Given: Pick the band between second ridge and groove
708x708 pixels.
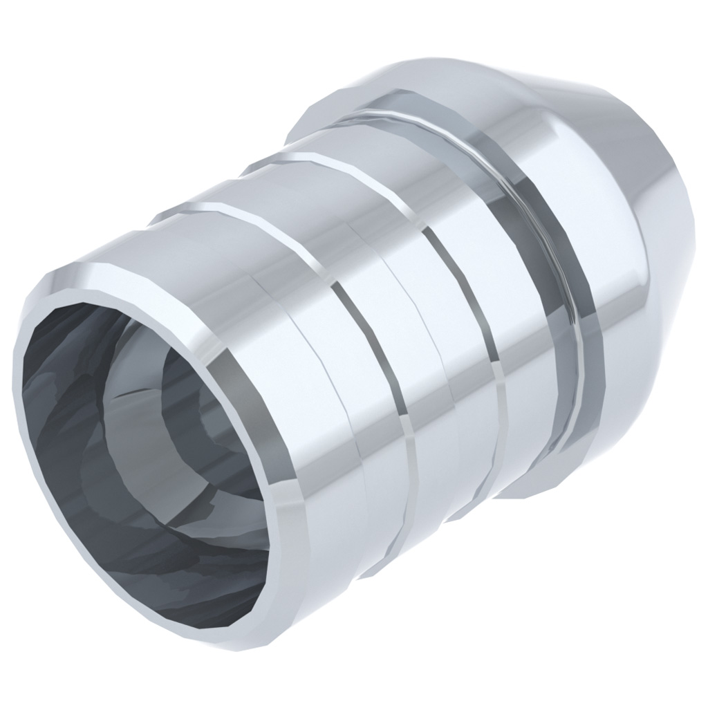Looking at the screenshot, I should (525, 332).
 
